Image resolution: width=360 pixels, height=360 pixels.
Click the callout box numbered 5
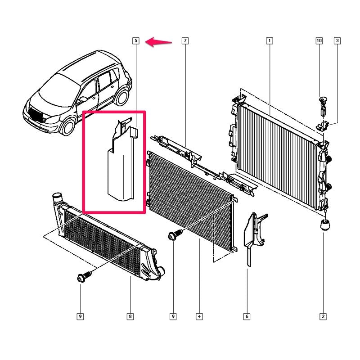point(136,40)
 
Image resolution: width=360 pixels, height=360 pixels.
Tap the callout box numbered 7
point(185,40)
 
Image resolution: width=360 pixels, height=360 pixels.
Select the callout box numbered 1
point(269,40)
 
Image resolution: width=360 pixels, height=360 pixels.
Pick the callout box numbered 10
point(319,40)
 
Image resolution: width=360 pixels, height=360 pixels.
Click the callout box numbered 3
point(337,40)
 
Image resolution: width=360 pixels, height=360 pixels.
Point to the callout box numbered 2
point(323,316)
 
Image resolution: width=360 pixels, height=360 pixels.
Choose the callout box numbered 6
point(247,316)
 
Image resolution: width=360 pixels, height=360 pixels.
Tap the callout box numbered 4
point(199,316)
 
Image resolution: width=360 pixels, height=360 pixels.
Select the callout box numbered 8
point(130,316)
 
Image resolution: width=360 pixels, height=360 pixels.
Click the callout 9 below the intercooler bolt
point(80,316)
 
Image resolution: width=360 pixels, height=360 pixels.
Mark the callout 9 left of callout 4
point(173,316)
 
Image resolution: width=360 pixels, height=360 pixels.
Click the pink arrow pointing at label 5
point(158,42)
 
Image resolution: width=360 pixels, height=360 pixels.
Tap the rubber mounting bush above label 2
point(325,225)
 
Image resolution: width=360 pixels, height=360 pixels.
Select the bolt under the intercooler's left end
point(84,276)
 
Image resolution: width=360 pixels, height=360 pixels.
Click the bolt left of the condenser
point(175,234)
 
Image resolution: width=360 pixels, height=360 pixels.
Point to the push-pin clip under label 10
point(323,106)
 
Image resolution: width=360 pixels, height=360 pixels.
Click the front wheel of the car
point(69,126)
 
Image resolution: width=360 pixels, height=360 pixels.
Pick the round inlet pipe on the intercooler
point(57,197)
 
